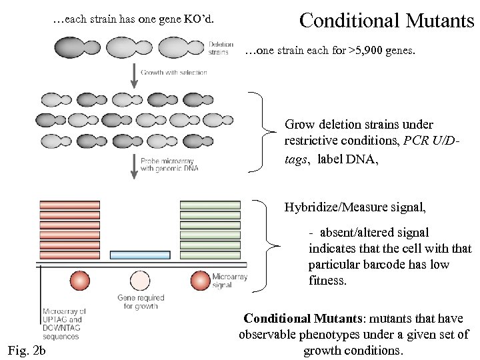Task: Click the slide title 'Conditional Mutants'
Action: (387, 20)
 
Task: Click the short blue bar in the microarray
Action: (139, 255)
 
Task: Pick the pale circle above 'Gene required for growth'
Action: (140, 281)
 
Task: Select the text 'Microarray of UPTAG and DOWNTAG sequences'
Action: (65, 324)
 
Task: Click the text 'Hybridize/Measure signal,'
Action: (355, 207)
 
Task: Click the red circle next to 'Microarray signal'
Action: (200, 281)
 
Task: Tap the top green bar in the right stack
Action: (209, 205)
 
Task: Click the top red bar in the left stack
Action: (69, 205)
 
